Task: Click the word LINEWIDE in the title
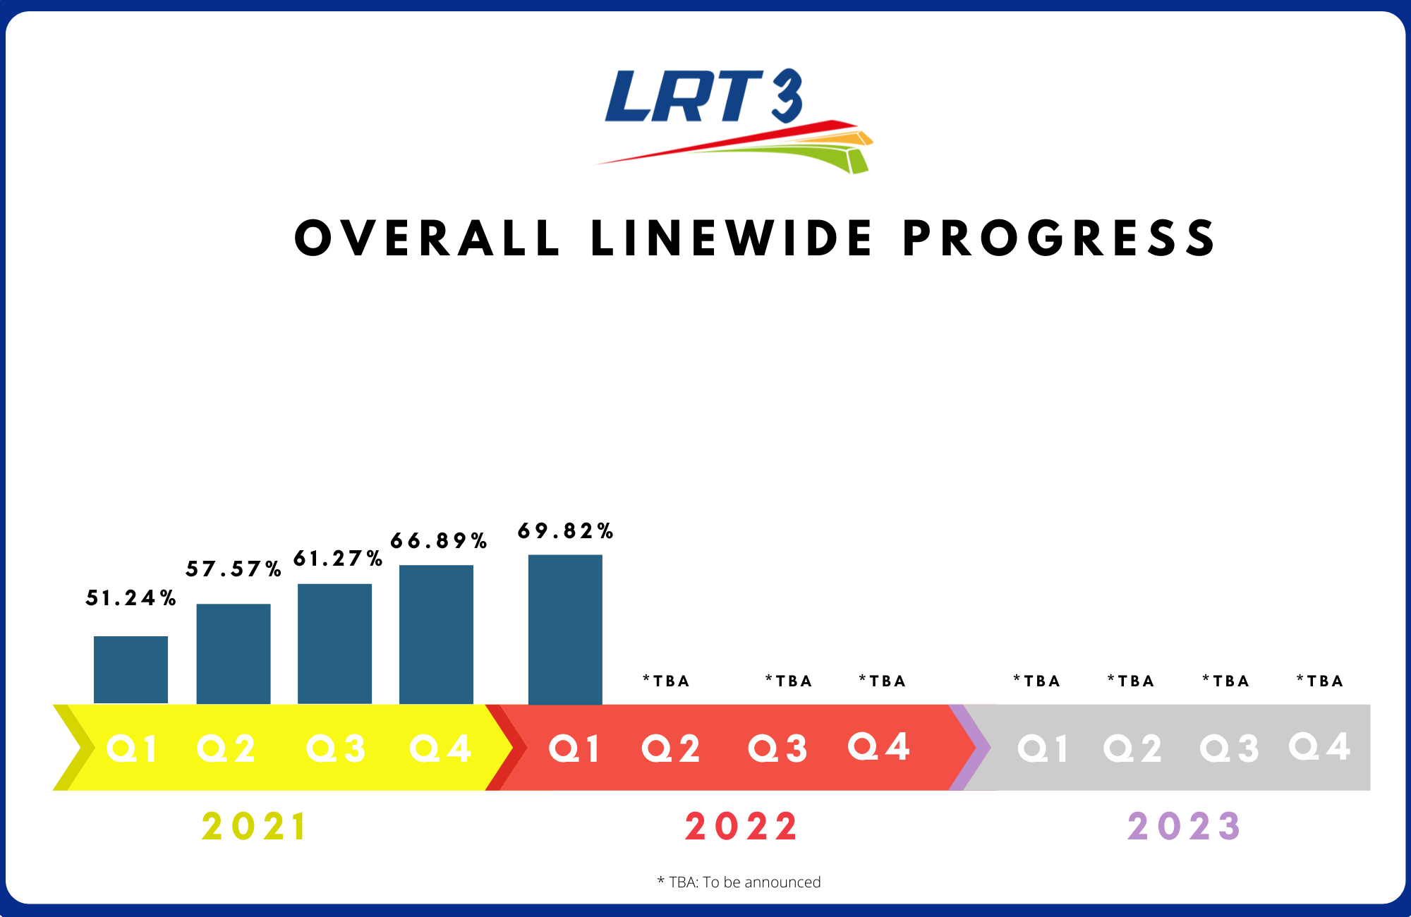(x=732, y=238)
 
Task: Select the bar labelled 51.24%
(x=131, y=669)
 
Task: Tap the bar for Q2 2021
(x=233, y=653)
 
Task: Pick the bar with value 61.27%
(x=334, y=643)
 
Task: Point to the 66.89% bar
(x=436, y=634)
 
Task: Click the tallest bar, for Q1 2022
(x=565, y=629)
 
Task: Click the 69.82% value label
(x=565, y=531)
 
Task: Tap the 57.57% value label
(x=234, y=569)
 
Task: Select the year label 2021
(x=255, y=827)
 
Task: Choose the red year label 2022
(x=741, y=827)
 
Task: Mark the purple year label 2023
(x=1184, y=827)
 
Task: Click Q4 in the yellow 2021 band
(x=440, y=748)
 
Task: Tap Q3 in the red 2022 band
(x=777, y=748)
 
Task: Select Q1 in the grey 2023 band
(x=1043, y=748)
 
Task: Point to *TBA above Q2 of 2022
(x=666, y=681)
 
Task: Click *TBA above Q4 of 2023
(x=1320, y=681)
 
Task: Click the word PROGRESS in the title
(x=1060, y=238)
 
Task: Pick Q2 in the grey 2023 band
(x=1132, y=748)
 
